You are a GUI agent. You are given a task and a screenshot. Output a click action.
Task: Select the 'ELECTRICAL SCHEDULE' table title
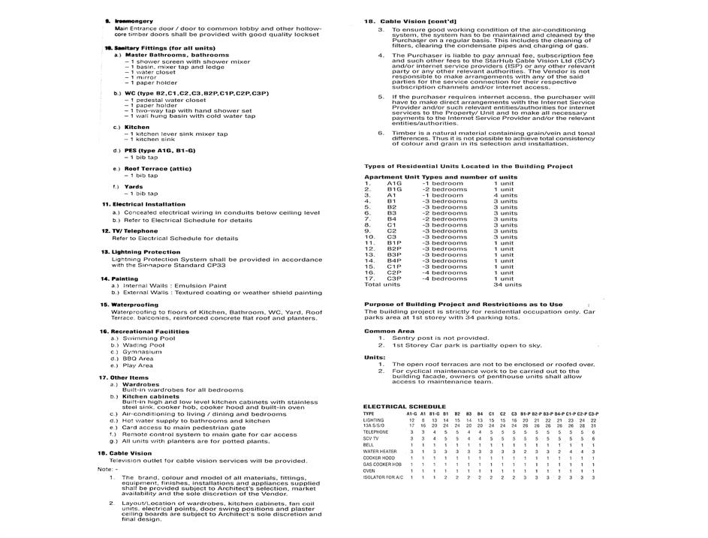(405, 406)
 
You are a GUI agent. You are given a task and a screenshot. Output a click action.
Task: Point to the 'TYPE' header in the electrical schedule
(369, 413)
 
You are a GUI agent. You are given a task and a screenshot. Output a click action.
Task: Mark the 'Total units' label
(382, 284)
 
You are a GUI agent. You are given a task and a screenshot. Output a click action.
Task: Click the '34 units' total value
(508, 284)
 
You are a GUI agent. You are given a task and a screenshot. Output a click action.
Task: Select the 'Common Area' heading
(389, 331)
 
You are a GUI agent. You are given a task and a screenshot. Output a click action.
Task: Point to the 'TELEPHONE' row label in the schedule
(376, 432)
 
